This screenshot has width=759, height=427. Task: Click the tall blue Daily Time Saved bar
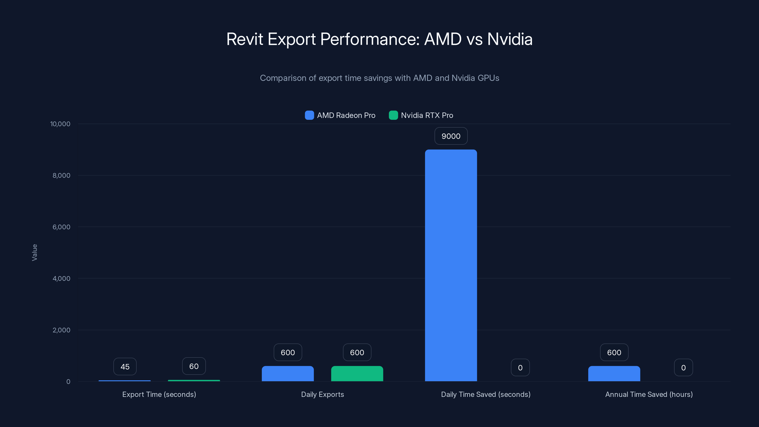coord(451,265)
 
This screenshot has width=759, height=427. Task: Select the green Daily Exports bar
coord(357,374)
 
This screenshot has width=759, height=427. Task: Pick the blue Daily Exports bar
coord(287,374)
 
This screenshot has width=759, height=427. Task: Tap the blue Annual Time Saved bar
coord(614,374)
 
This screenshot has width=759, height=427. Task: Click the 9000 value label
coord(451,136)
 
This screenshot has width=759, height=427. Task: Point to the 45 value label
coord(125,367)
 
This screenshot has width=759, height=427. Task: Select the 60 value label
coord(194,366)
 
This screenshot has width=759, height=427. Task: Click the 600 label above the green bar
coord(357,353)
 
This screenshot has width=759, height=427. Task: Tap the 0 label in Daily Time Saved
coord(520,367)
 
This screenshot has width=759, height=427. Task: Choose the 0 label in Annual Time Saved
coord(683,367)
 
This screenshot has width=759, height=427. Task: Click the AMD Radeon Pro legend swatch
coord(309,115)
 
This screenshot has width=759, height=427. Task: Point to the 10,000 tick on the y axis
coord(60,124)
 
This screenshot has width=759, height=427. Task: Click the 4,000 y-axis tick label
coord(61,278)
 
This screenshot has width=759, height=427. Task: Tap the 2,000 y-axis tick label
coord(61,330)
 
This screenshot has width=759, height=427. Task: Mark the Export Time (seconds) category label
coord(159,394)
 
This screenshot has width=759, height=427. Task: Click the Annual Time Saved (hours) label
coord(649,394)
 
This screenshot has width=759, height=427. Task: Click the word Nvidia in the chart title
coord(510,39)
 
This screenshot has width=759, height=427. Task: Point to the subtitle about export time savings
coord(379,78)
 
